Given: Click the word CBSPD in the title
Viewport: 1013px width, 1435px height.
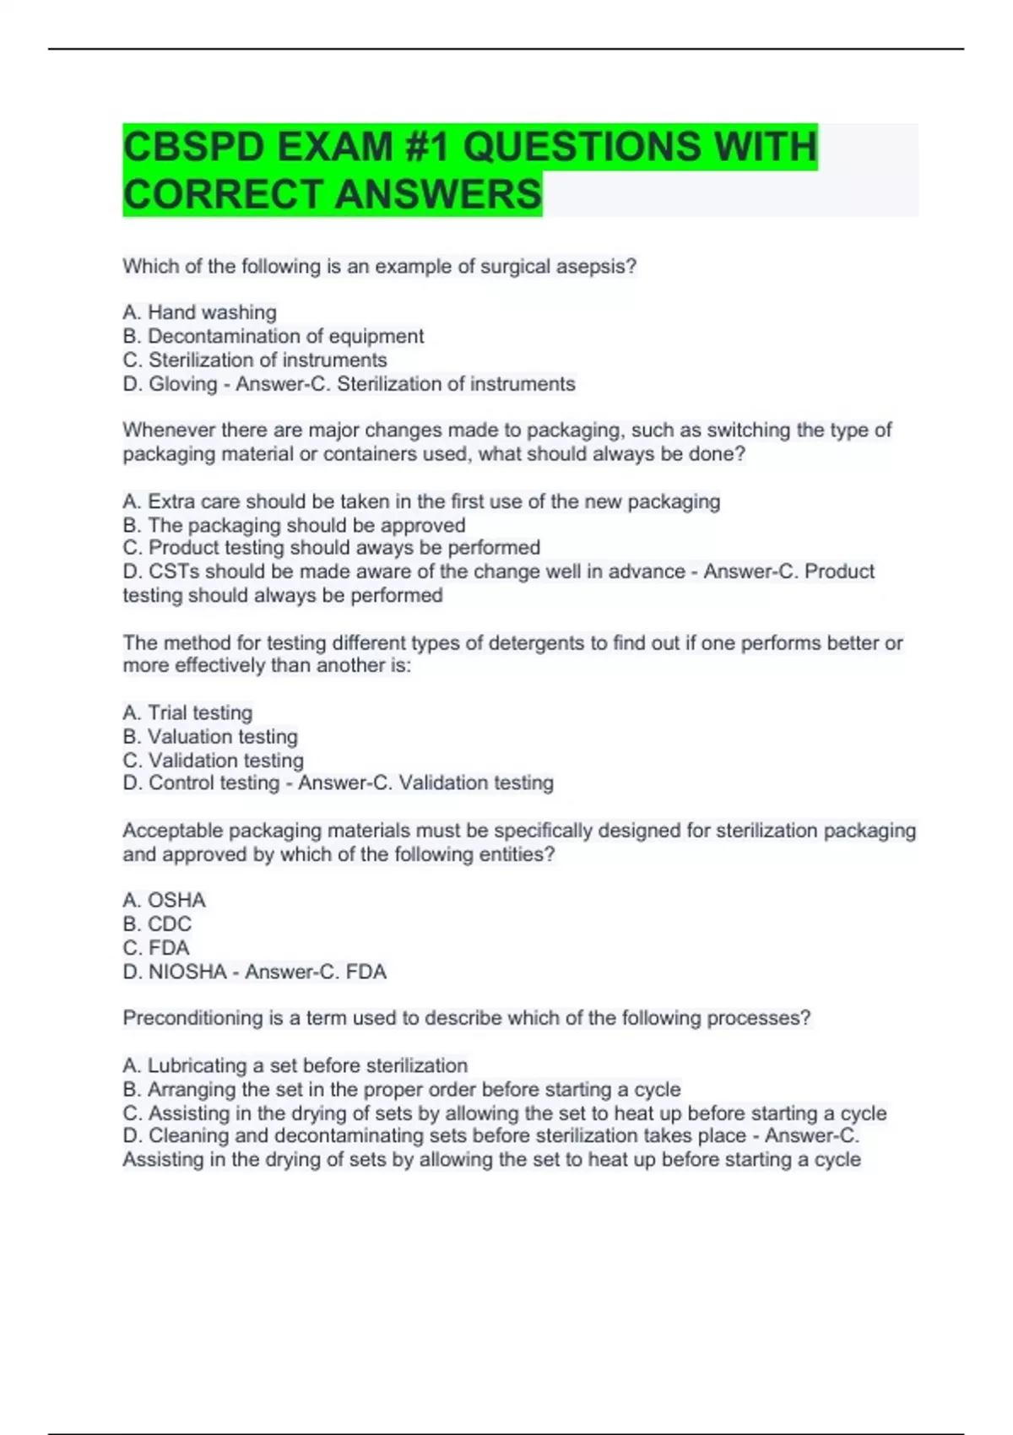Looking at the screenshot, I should [192, 147].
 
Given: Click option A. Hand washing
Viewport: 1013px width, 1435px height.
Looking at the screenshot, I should [199, 312].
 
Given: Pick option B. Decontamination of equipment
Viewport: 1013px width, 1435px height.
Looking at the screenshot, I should [273, 336].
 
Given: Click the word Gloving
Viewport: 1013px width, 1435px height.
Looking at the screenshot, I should [183, 384].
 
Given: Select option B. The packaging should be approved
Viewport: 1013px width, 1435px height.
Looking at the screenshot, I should [294, 525].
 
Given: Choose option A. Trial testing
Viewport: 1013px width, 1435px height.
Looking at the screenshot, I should [187, 713].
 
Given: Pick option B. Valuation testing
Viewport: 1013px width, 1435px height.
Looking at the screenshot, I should [210, 737].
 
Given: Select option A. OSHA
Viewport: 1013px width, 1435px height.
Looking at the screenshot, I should [164, 901].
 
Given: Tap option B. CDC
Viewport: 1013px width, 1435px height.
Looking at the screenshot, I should [157, 924].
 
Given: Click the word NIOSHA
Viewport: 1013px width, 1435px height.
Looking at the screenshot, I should [187, 972].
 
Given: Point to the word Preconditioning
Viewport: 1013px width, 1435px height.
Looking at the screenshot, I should [192, 1018].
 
